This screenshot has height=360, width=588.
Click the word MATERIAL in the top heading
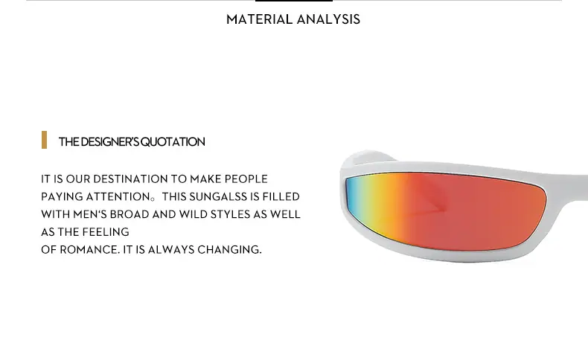(259, 19)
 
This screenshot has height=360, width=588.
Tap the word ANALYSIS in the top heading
(328, 19)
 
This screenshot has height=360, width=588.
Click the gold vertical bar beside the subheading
(44, 140)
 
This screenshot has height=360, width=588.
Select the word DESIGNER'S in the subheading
(109, 142)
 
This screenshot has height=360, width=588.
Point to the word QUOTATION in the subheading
(173, 142)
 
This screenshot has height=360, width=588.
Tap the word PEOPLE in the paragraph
(246, 179)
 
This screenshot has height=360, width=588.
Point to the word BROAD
(130, 214)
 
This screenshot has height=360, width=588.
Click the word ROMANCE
(89, 249)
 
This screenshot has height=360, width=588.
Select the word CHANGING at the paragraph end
(229, 249)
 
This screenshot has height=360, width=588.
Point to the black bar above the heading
(294, 1)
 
